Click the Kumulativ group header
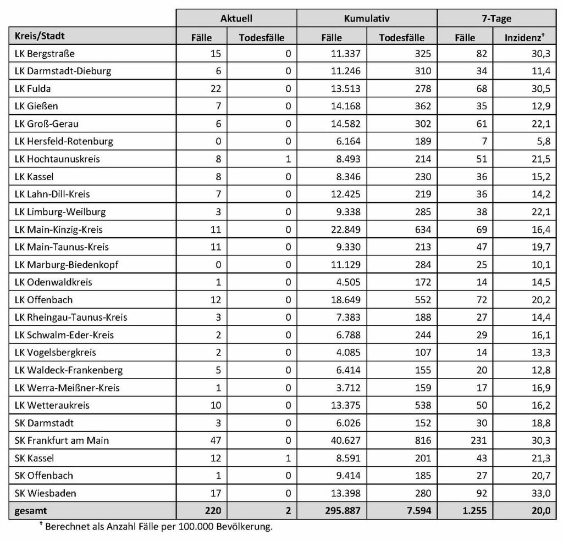(367, 18)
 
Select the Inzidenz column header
(525, 37)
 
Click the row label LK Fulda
(33, 88)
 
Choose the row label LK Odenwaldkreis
(53, 282)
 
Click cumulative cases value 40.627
(345, 440)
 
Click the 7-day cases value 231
(479, 440)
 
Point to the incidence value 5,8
(543, 141)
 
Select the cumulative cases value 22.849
(345, 230)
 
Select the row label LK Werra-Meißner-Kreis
(67, 388)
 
